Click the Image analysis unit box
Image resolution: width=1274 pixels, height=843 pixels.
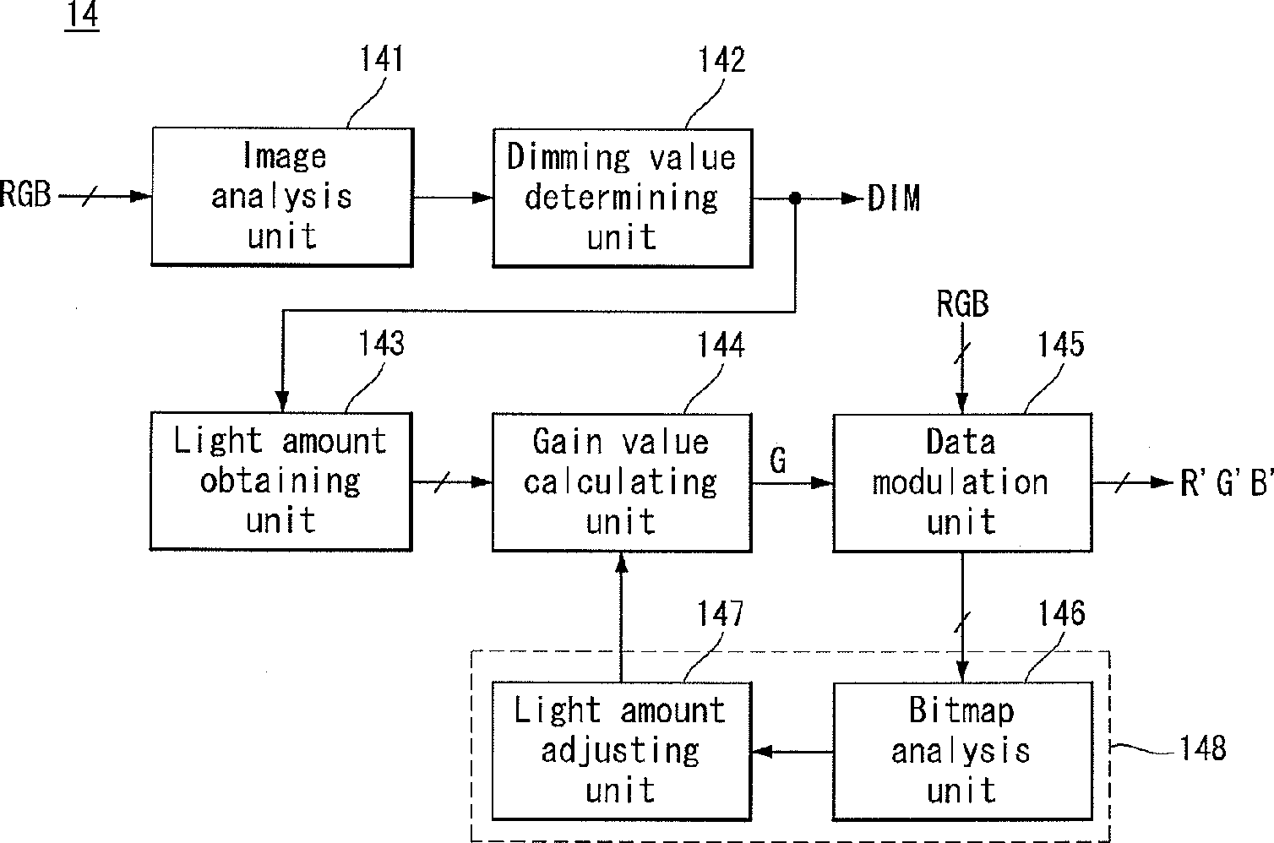[283, 197]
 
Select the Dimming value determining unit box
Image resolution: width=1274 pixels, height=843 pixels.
[623, 198]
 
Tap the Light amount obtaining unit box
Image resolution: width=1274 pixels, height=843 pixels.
[281, 481]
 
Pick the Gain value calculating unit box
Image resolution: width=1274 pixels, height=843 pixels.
[622, 482]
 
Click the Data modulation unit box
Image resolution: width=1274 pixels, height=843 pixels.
[962, 482]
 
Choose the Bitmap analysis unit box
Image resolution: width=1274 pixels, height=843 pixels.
[962, 751]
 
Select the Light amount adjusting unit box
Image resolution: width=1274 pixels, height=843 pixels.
[622, 751]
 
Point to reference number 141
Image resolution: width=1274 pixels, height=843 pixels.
[382, 58]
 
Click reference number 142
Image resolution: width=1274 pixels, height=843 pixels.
[721, 60]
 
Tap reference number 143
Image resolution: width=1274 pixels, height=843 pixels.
[381, 344]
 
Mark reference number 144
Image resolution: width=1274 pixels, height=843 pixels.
[721, 345]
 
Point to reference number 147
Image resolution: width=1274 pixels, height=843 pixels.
[721, 613]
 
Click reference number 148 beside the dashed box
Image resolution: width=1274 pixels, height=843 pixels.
[1203, 748]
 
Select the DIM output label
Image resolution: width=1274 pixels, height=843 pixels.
[894, 199]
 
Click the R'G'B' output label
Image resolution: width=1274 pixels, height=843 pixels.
[1226, 483]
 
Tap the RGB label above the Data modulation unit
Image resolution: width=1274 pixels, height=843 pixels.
[963, 304]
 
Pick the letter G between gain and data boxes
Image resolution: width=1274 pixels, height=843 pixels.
[778, 460]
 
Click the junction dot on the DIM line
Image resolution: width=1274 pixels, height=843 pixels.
[796, 199]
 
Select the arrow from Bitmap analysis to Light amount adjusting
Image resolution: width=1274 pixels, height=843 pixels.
[792, 752]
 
